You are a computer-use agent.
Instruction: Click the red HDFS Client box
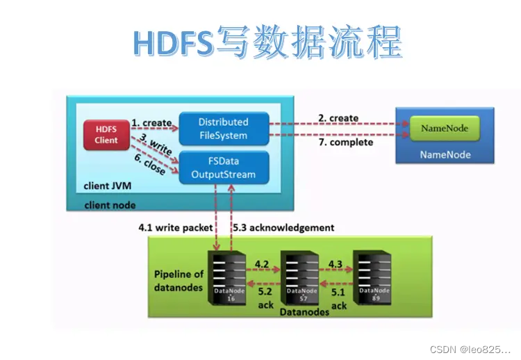(106, 134)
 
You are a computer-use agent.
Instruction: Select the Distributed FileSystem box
(223, 129)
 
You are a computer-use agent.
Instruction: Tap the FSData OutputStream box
(223, 167)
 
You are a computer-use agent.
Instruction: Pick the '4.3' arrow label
(336, 264)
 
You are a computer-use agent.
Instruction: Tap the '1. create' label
(151, 123)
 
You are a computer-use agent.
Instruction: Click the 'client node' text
(110, 206)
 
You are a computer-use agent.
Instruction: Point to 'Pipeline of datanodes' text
(179, 280)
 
